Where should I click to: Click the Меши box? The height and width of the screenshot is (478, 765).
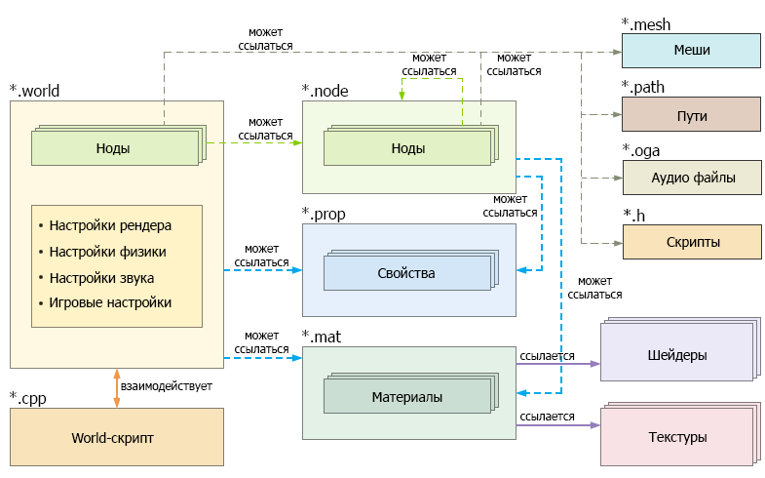coord(691,51)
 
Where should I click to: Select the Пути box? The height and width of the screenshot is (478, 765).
coord(691,114)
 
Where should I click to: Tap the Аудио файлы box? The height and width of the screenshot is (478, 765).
coord(692,178)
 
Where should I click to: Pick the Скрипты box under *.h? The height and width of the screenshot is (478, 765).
coord(692,242)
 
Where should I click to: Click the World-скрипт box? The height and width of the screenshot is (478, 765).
coord(117,437)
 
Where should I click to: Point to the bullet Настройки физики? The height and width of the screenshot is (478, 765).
coord(102,252)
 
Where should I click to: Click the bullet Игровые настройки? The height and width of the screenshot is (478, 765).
coord(105,302)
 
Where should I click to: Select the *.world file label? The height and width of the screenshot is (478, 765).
coord(34,91)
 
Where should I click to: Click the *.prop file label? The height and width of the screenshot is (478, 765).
coord(324,214)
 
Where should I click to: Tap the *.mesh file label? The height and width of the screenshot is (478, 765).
coord(646,24)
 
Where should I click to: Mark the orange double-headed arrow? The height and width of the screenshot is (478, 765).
coord(117,388)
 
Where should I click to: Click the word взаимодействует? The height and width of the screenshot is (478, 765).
coord(167,386)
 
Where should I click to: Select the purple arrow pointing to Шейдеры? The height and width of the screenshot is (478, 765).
coord(558,364)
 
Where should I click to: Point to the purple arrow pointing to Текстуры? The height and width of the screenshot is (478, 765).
coord(558,425)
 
